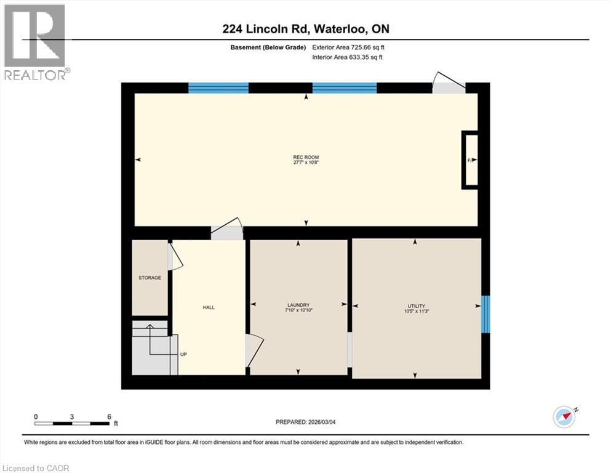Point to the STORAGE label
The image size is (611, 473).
coord(150,278)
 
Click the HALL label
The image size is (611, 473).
coord(209,307)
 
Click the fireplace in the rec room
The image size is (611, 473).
coord(470,160)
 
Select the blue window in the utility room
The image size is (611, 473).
coord(485,314)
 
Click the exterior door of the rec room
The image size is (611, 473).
coord(448,85)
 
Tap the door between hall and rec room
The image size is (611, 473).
coord(227,229)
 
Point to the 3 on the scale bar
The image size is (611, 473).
coord(72,416)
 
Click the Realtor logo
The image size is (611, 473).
coord(34,42)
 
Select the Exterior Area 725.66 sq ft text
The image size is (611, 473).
coord(349,47)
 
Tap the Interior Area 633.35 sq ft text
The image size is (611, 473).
coord(348,57)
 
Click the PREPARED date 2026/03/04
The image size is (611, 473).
coord(305,422)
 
